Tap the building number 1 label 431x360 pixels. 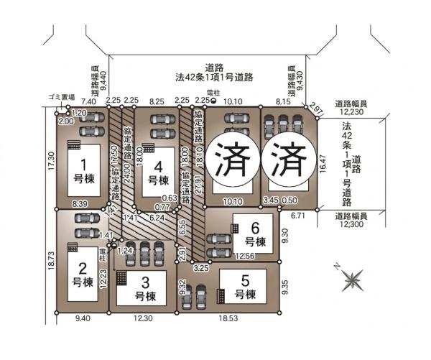pyautogui.click(x=83, y=170)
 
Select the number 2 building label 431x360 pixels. pyautogui.click(x=83, y=274)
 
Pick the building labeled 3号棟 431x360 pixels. pyautogui.click(x=145, y=287)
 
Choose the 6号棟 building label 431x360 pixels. pyautogui.click(x=255, y=232)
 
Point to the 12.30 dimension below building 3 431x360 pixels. pyautogui.click(x=143, y=318)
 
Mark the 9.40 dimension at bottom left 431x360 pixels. pyautogui.click(x=83, y=318)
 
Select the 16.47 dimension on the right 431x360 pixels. pyautogui.click(x=323, y=167)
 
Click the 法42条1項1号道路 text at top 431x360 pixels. pyautogui.click(x=213, y=75)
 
